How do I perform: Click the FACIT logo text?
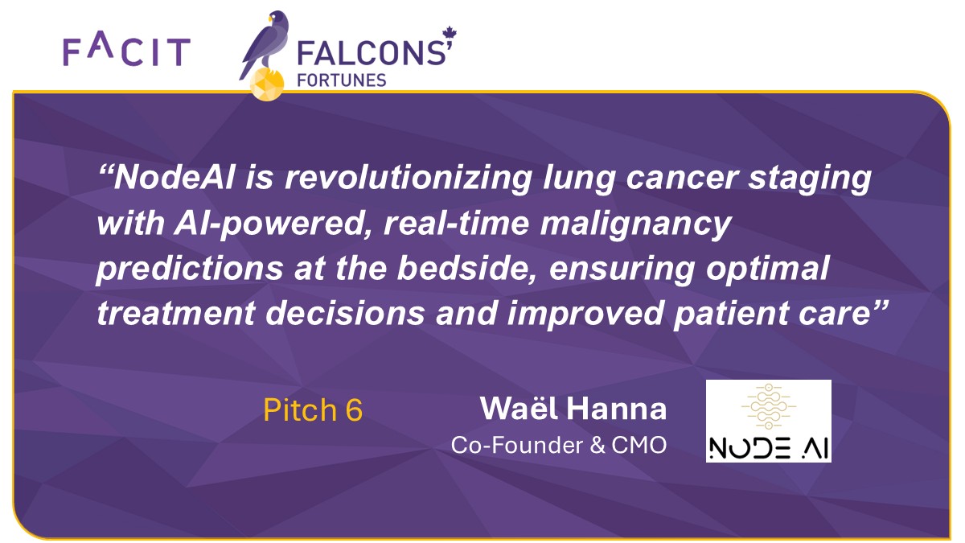[126, 51]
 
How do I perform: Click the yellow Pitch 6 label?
[313, 410]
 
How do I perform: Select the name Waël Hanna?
[573, 409]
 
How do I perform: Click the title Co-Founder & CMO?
[558, 445]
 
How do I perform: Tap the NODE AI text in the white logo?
[768, 446]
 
